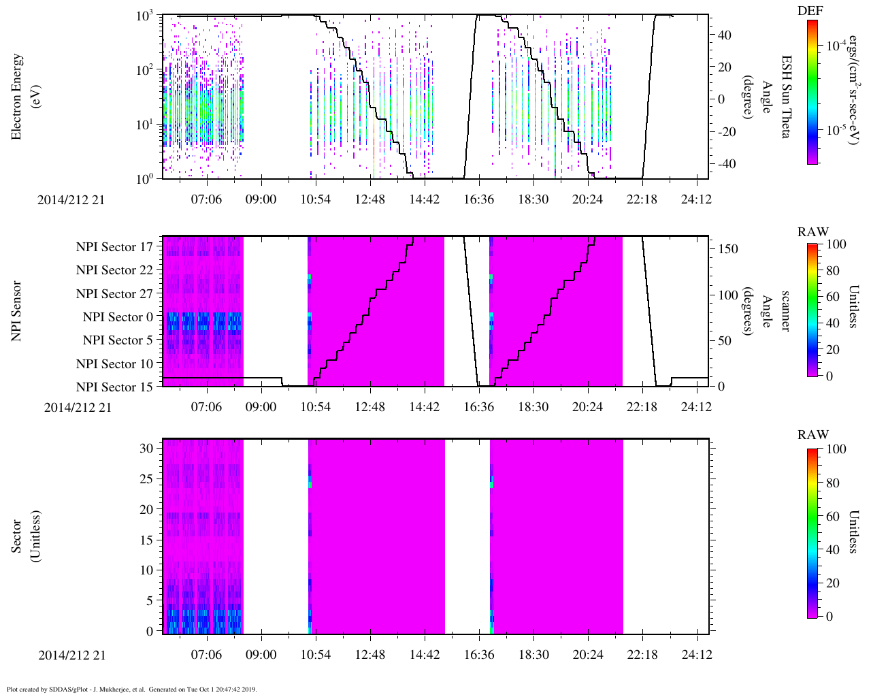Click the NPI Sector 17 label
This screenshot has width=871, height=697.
(114, 247)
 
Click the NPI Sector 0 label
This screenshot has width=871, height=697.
(118, 317)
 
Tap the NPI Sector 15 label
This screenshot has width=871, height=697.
(114, 387)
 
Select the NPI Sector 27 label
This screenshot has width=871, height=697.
(114, 294)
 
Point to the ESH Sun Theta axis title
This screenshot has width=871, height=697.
(785, 97)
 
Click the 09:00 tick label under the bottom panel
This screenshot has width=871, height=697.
(261, 655)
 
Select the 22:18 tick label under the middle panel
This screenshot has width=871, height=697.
(642, 407)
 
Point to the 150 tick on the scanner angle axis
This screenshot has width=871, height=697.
(728, 249)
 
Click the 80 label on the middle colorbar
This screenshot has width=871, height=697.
(833, 271)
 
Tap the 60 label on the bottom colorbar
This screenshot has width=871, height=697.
(833, 517)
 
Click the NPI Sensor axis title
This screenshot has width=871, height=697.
(16, 311)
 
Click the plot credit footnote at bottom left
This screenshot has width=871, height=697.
(132, 689)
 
